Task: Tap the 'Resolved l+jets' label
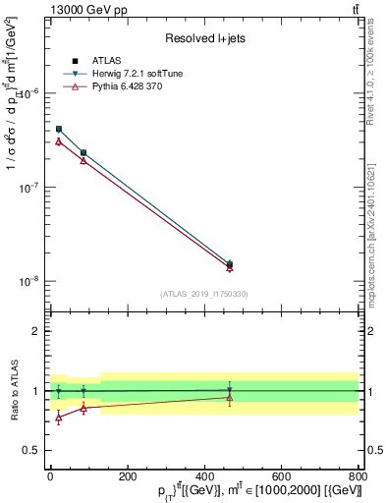(204, 38)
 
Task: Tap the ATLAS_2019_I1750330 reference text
(204, 294)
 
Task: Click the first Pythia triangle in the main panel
(59, 142)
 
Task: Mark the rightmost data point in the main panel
(230, 264)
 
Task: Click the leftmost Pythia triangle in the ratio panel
(59, 418)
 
